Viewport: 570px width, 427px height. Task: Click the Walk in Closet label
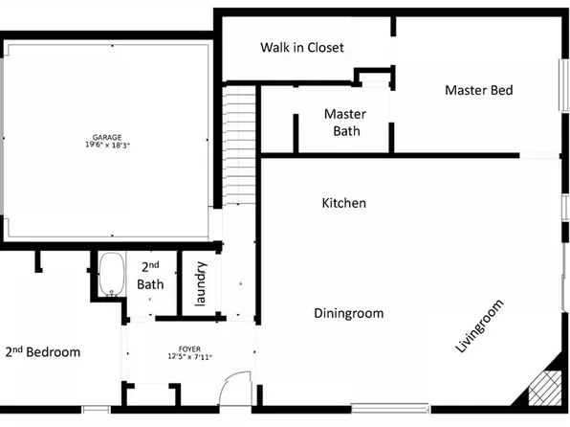(x=302, y=47)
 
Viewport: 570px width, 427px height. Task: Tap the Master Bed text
(x=479, y=91)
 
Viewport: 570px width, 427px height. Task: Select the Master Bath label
(x=345, y=123)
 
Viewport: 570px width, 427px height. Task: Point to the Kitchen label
(x=343, y=203)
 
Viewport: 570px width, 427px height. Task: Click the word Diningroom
(x=349, y=313)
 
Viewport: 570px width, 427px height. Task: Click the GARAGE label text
(x=107, y=137)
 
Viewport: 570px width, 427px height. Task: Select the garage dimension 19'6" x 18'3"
(x=107, y=146)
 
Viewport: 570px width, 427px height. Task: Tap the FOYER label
(x=188, y=348)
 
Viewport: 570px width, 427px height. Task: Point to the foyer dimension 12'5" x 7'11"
(x=188, y=357)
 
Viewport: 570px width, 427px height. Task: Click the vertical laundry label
(x=201, y=284)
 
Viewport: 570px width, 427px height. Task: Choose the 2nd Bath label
(x=151, y=276)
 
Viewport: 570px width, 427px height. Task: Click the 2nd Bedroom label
(x=43, y=352)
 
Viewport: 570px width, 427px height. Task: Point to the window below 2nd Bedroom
(x=97, y=411)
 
